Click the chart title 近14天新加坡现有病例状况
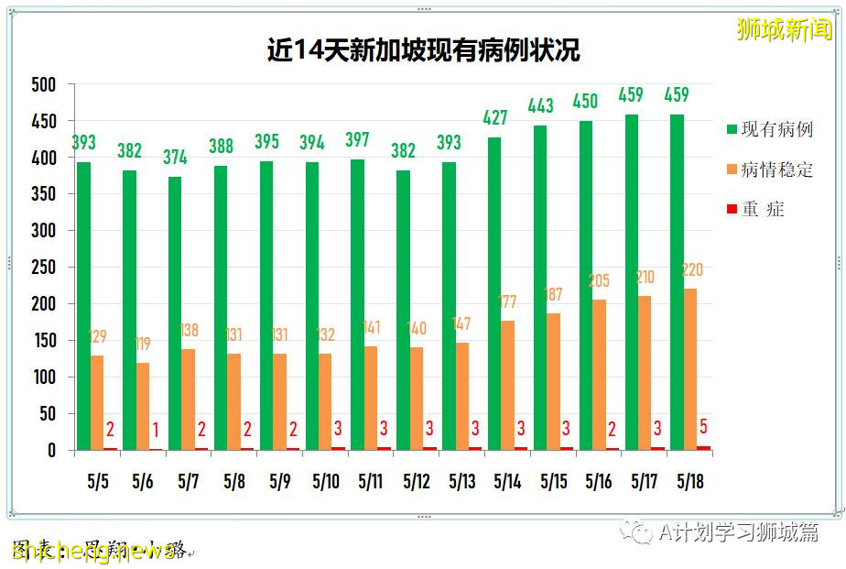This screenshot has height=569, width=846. [423, 49]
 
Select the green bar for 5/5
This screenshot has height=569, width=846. [83, 306]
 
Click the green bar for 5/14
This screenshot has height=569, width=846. [494, 293]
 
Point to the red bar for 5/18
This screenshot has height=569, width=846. [703, 448]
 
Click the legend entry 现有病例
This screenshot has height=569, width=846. [776, 129]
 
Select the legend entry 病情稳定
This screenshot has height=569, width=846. [776, 170]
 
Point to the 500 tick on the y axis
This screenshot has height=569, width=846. [41, 84]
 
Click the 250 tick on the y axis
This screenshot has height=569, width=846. [41, 268]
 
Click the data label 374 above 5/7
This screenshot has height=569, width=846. [175, 157]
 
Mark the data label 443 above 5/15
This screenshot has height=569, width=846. [540, 106]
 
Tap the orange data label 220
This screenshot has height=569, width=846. [691, 270]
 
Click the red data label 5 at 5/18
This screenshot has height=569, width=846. [703, 426]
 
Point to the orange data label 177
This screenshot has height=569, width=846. [508, 302]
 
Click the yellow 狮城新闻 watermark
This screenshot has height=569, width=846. [785, 29]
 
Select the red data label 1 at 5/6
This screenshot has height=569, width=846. [156, 430]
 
